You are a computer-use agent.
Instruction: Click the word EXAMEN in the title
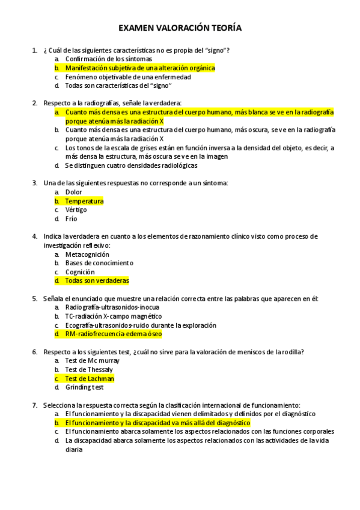point(136,28)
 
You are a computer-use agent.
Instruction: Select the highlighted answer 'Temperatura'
point(84,201)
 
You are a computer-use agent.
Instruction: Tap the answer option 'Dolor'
point(73,192)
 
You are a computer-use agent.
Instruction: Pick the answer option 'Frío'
point(71,219)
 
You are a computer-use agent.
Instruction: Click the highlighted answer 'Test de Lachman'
point(89,378)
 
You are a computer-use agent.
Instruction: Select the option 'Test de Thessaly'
point(89,369)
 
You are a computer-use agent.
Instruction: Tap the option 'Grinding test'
point(84,387)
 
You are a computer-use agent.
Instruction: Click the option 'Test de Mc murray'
point(92,360)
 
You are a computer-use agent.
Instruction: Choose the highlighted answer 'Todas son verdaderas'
point(97,280)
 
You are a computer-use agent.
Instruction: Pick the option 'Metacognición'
point(87,254)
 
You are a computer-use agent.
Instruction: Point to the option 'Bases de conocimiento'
point(99,263)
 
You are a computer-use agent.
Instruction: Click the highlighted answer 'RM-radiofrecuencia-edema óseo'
point(113,334)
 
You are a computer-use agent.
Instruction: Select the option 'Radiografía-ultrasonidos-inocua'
point(112,307)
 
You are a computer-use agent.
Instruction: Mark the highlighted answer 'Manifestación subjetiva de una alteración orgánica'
point(139,68)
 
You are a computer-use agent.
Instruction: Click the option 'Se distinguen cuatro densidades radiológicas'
point(131,165)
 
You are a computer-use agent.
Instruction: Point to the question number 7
point(35,405)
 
